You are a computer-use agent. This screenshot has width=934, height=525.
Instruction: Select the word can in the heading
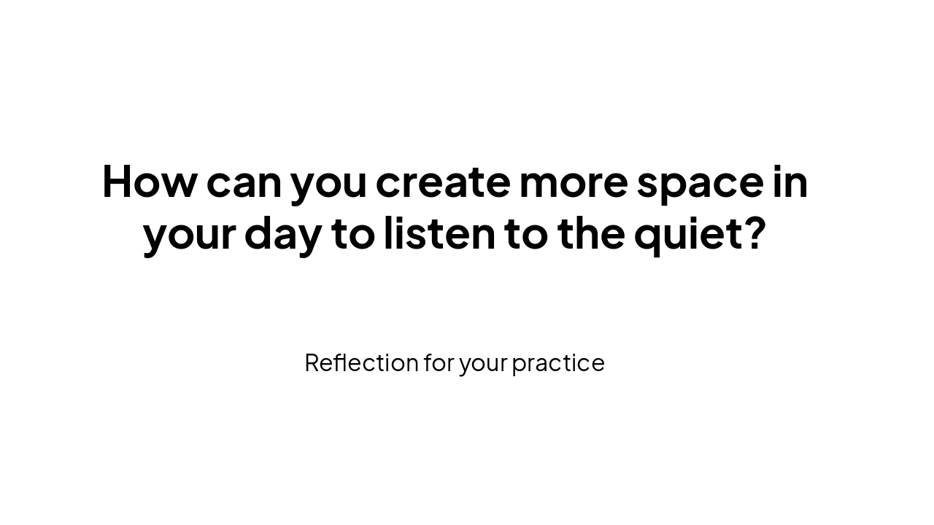[x=244, y=182]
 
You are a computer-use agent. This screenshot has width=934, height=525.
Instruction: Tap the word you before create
[x=328, y=184]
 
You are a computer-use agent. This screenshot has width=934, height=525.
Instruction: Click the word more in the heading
[x=573, y=182]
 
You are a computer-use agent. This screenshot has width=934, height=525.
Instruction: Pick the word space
[x=700, y=184]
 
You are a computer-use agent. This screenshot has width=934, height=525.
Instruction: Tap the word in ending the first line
[x=790, y=180]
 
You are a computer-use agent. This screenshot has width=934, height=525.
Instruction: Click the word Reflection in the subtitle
[x=361, y=362]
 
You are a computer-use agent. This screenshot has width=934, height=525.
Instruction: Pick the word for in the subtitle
[x=439, y=362]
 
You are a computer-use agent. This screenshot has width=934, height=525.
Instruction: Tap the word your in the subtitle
[x=483, y=364]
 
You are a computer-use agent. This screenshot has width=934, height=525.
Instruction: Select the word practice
[x=558, y=363]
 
